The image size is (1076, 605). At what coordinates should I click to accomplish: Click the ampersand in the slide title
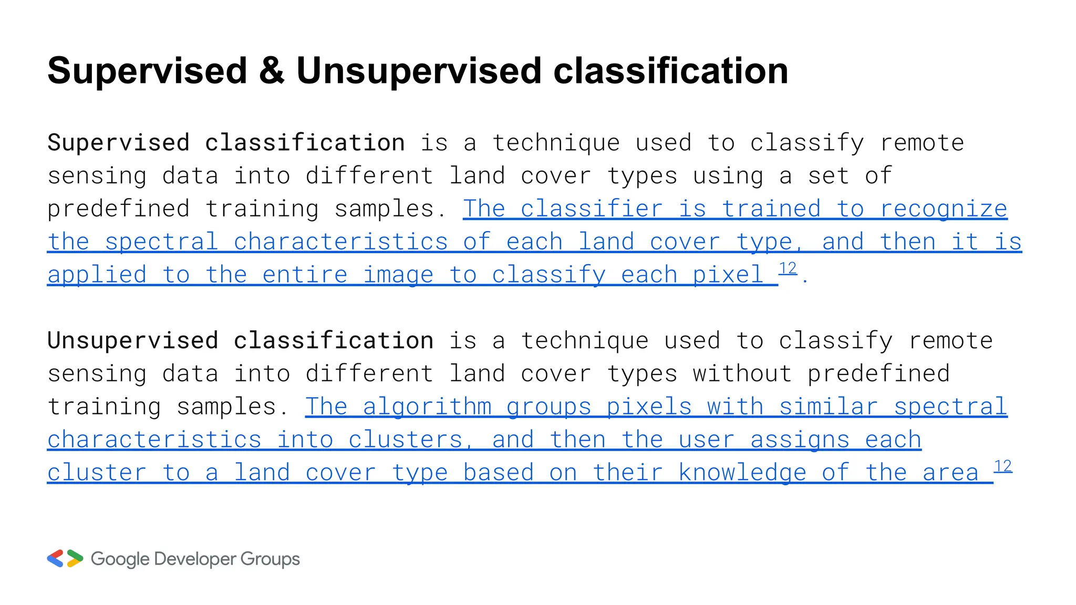271,71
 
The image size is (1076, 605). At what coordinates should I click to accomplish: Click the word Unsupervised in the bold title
418,71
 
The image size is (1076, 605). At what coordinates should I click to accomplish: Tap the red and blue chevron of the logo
56,558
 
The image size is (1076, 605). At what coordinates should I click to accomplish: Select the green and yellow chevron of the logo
75,558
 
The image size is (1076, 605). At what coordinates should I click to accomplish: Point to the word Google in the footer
120,559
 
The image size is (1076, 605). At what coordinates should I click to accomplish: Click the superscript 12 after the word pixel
788,268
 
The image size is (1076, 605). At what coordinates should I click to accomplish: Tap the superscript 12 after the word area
1002,466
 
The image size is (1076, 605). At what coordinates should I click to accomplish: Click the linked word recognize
943,210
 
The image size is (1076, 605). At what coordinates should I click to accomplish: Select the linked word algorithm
427,407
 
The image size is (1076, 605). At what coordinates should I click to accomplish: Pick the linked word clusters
405,440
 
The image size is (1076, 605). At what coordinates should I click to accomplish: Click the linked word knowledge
742,473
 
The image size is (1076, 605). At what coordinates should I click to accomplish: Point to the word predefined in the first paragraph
118,210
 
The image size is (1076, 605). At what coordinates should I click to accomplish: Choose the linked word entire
305,275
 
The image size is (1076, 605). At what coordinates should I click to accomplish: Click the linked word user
706,440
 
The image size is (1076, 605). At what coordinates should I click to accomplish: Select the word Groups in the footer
270,559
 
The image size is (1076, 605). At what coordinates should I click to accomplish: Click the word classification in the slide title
670,71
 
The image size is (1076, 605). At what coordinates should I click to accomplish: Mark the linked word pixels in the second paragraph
648,407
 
